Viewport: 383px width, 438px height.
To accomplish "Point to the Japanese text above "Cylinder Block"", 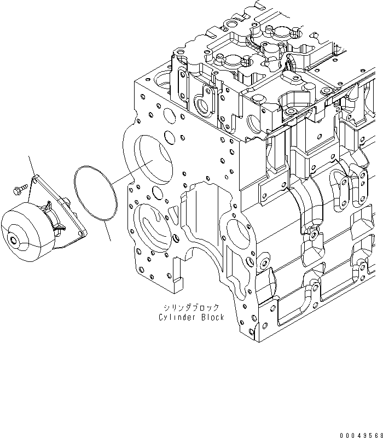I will click(x=191, y=307).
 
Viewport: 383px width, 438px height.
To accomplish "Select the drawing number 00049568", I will click(x=358, y=434).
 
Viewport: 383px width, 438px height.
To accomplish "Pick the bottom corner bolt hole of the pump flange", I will click(x=82, y=235).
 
